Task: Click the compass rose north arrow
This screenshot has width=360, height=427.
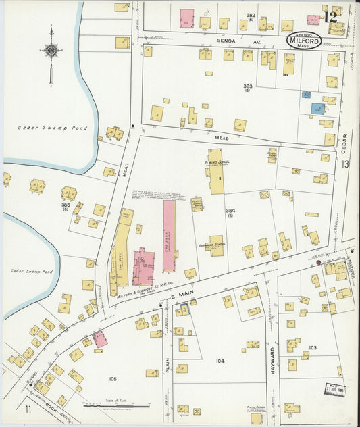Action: pyautogui.click(x=51, y=50)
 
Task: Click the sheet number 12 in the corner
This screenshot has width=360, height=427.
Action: pyautogui.click(x=331, y=16)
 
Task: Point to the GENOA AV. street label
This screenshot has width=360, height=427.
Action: pyautogui.click(x=229, y=41)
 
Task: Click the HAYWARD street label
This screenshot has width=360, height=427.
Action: pyautogui.click(x=274, y=360)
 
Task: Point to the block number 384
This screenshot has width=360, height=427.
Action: pyautogui.click(x=230, y=211)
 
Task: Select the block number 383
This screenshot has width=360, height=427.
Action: pyautogui.click(x=247, y=87)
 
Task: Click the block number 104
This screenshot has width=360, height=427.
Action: pyautogui.click(x=220, y=361)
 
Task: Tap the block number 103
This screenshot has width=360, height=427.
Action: pyautogui.click(x=313, y=347)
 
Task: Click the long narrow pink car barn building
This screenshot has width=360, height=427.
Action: pyautogui.click(x=168, y=236)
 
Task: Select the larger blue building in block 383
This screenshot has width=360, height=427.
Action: pyautogui.click(x=317, y=108)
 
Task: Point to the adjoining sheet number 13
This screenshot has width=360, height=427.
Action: pyautogui.click(x=346, y=165)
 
